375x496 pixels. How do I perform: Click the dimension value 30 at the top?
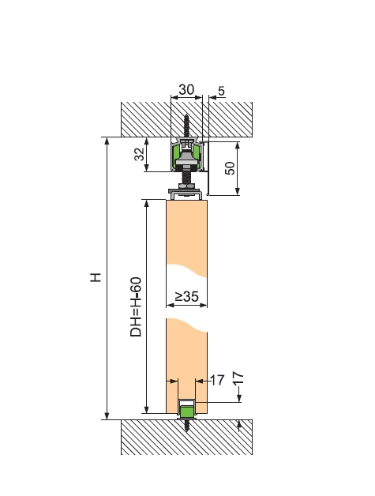click(x=186, y=90)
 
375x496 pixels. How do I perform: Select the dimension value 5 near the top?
click(x=221, y=91)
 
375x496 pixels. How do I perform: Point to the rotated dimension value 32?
click(x=139, y=154)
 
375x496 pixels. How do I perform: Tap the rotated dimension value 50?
click(x=231, y=168)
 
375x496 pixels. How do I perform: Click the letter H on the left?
click(x=96, y=277)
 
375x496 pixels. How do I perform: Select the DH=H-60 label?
click(x=136, y=307)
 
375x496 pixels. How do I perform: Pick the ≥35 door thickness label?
click(x=187, y=296)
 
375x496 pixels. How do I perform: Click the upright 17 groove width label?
click(x=217, y=380)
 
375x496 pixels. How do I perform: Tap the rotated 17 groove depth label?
click(x=239, y=378)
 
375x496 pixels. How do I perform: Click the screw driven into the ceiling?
click(x=186, y=126)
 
